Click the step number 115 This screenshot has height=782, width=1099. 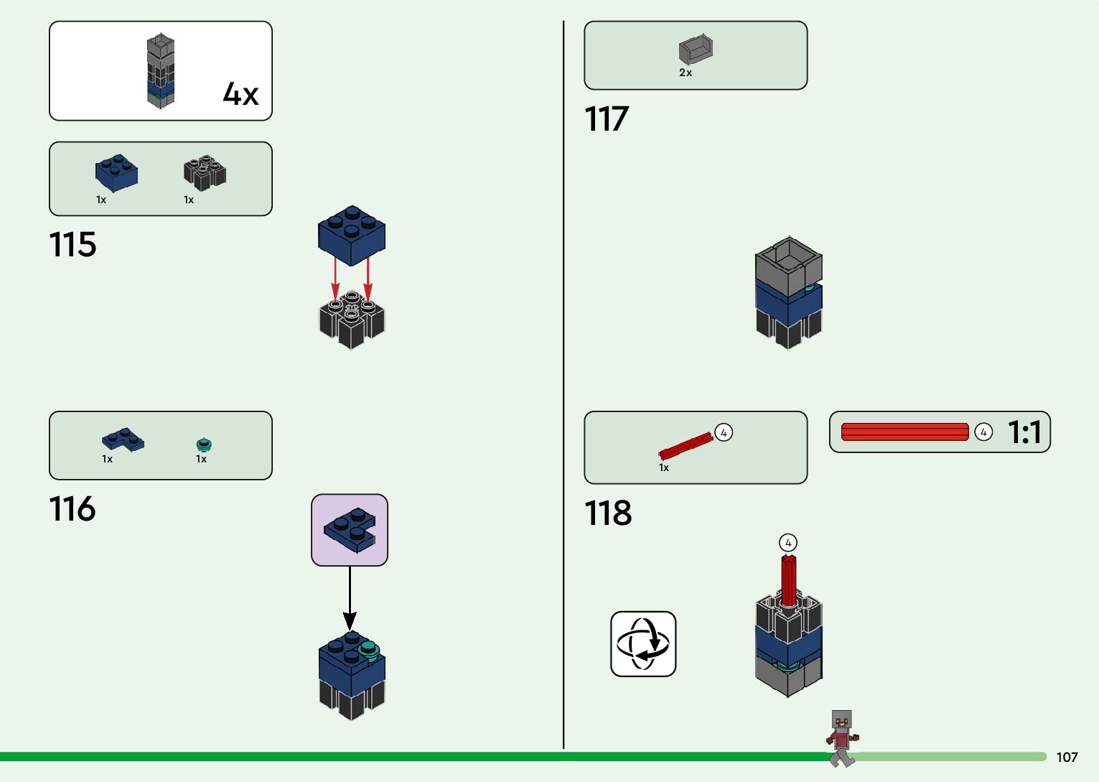click(x=73, y=245)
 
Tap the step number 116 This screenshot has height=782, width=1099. click(x=73, y=509)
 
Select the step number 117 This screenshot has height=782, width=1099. click(x=607, y=119)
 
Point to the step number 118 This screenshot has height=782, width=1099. click(x=608, y=513)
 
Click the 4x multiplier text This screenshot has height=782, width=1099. click(x=240, y=94)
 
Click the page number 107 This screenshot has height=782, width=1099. click(x=1067, y=757)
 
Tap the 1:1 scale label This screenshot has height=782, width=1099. click(x=1024, y=432)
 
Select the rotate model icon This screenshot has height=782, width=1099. click(x=643, y=644)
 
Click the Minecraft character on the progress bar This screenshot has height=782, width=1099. click(x=842, y=737)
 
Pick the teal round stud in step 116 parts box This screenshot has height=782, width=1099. click(x=204, y=445)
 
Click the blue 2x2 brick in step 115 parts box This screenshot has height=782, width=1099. click(x=116, y=172)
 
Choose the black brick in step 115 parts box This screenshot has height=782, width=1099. click(x=205, y=173)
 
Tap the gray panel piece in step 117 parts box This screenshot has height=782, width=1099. click(x=696, y=50)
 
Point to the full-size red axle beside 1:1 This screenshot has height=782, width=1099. click(x=904, y=432)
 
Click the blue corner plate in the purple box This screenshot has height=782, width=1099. click(x=350, y=530)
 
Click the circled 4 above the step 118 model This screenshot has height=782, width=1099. click(x=788, y=543)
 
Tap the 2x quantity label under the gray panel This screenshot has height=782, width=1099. click(x=686, y=73)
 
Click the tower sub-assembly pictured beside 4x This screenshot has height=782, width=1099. click(x=161, y=71)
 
